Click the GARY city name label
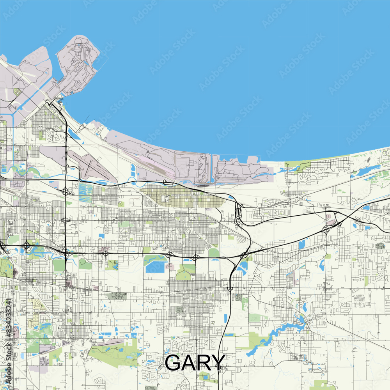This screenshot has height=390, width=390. [x=195, y=363]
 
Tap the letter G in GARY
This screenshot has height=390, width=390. [x=174, y=363]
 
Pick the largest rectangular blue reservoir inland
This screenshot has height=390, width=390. [x=156, y=267]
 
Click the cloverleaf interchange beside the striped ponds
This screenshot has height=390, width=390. [x=66, y=191]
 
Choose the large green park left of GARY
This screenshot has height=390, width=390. [x=113, y=353]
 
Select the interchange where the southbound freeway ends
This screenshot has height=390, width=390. [x=230, y=289]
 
